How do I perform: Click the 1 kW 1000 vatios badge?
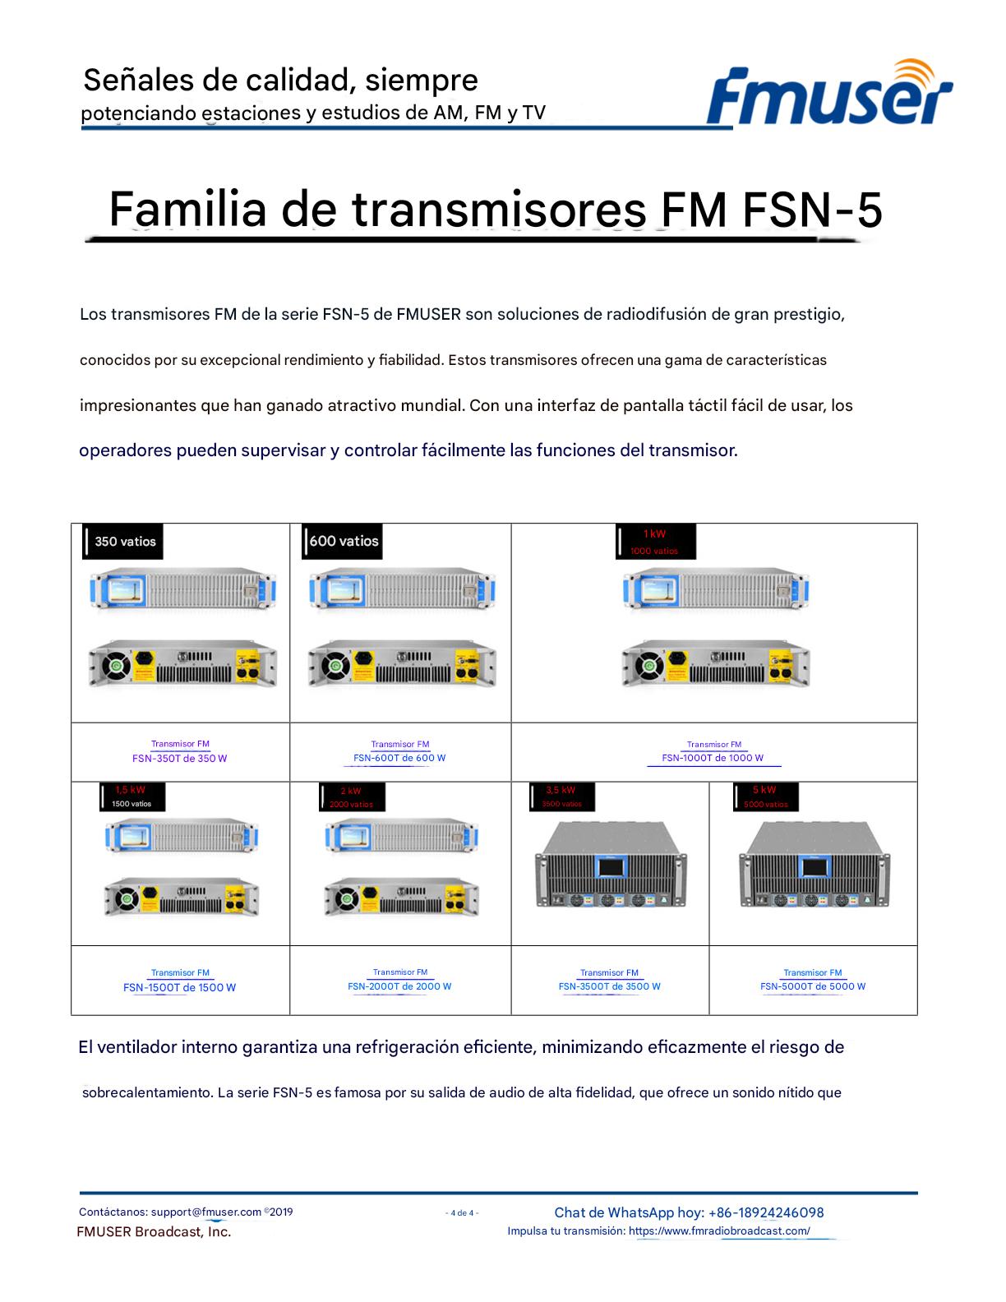point(655,542)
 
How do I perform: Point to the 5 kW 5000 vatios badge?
point(765,796)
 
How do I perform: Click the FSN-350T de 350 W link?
point(179,758)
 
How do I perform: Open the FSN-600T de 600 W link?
point(399,758)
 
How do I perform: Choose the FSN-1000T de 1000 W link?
point(713,758)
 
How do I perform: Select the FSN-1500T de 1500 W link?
point(179,987)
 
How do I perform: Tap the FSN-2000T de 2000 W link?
point(399,986)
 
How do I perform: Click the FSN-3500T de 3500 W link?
point(609,986)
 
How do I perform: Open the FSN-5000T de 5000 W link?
point(813,986)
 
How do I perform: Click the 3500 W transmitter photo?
point(610,867)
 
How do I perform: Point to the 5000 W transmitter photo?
point(814,867)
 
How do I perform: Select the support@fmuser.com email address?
point(206,1212)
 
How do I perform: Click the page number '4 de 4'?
point(463,1213)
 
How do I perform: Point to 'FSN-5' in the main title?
point(812,210)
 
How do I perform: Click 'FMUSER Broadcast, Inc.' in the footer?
point(154,1231)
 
